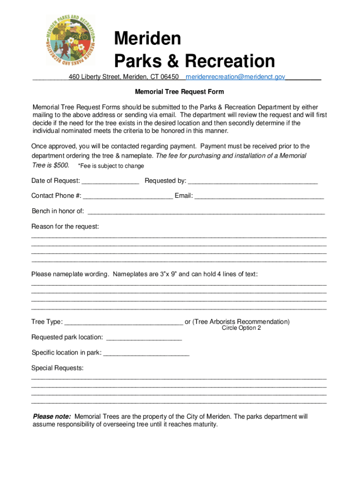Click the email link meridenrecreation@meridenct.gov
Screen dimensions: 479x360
235,77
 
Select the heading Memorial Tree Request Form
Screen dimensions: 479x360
180,92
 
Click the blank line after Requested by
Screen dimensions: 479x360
252,181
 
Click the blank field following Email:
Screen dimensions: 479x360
259,196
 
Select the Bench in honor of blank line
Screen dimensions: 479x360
206,211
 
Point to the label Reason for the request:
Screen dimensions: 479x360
65,226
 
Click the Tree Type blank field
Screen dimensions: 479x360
123,322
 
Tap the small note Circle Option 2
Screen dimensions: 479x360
241,328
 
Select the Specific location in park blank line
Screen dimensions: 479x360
146,353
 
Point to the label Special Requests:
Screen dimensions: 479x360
58,368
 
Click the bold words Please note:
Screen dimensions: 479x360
52,416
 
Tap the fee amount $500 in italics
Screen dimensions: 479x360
61,165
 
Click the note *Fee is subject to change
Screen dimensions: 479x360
111,166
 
